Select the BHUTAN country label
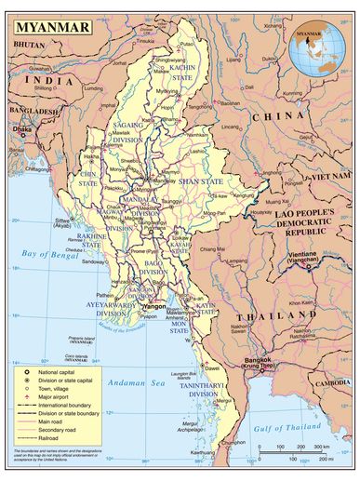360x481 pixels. (30, 44)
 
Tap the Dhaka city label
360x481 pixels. (22, 129)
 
